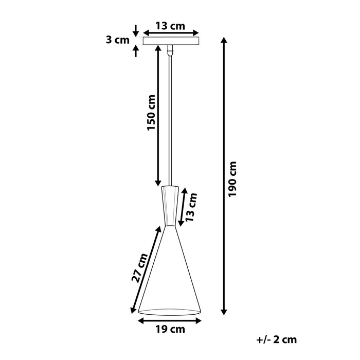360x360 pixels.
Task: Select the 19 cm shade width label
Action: (169, 330)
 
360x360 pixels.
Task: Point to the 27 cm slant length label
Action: (139, 267)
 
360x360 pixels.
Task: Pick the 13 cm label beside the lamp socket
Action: (191, 207)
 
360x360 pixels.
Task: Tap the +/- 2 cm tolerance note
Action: (276, 339)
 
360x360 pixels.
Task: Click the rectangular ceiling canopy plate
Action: (170, 41)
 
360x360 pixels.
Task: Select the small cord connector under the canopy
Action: (170, 50)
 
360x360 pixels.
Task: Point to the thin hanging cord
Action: (170, 118)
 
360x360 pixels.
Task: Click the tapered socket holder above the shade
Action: (170, 206)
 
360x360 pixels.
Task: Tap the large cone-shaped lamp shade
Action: (170, 273)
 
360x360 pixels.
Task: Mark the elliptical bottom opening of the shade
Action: (170, 312)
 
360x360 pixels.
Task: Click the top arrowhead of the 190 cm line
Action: (224, 41)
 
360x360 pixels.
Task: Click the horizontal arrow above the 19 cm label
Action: (169, 319)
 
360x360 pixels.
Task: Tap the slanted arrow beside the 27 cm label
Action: (147, 270)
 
